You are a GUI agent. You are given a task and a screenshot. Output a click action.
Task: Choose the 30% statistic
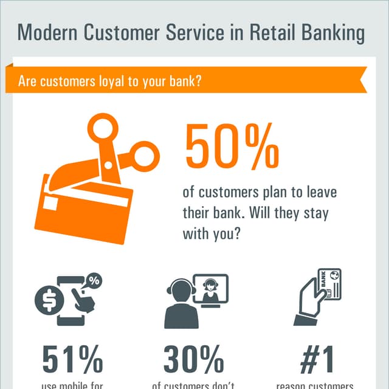point(194,360)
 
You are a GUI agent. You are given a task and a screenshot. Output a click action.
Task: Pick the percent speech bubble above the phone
point(94,281)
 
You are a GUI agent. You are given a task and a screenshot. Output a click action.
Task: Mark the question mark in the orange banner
point(199,81)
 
